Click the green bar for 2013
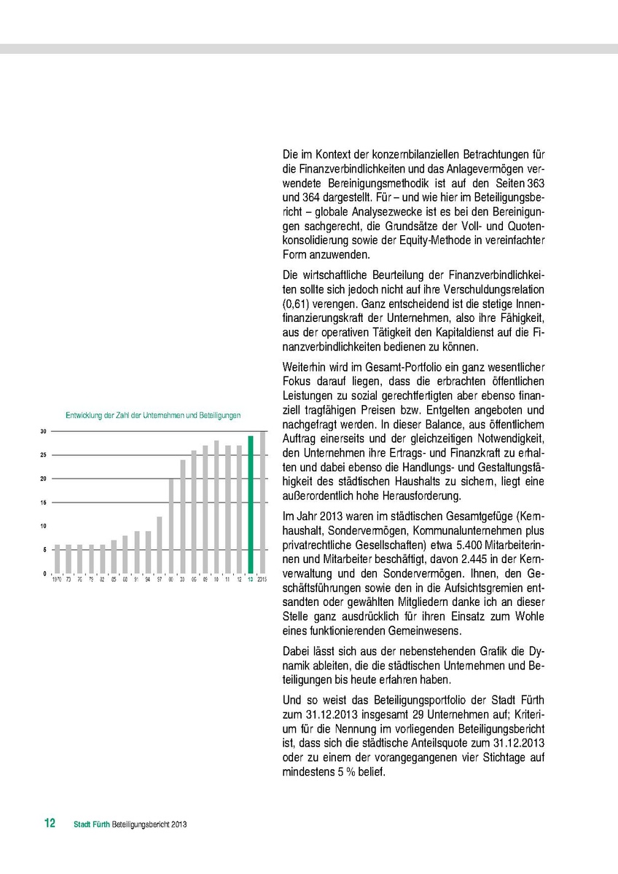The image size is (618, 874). tap(251, 504)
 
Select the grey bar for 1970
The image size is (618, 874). tap(58, 559)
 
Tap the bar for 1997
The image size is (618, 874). tap(160, 545)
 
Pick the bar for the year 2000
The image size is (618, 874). tap(171, 526)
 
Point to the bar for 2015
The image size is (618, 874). tap(262, 502)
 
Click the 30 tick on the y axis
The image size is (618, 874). tap(43, 432)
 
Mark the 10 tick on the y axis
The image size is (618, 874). tap(43, 527)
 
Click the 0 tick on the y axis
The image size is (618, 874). tap(44, 574)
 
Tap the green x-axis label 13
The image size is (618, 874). tap(251, 580)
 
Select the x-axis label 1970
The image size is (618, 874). tap(57, 580)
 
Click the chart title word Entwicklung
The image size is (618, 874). tap(82, 415)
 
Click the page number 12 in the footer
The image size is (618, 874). tap(50, 824)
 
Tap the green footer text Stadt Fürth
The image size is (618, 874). tap(92, 824)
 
